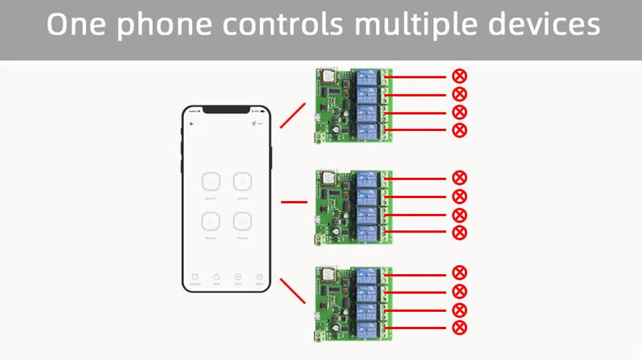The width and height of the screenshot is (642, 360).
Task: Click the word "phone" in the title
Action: (162, 26)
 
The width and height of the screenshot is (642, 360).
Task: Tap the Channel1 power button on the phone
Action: (210, 182)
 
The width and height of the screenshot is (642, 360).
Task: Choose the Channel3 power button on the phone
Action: (210, 221)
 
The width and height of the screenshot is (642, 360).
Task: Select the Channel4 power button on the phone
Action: (242, 221)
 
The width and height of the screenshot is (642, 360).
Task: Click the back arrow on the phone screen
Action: (191, 124)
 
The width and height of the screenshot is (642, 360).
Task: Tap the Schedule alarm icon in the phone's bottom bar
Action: (194, 277)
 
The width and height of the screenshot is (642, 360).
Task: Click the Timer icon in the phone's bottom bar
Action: (216, 277)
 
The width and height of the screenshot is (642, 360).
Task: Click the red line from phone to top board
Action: (292, 116)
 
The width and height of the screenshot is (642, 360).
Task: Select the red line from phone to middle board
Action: (294, 202)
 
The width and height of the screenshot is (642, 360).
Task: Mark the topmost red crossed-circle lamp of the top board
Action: (459, 75)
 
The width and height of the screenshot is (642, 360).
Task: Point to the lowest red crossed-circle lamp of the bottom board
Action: (459, 328)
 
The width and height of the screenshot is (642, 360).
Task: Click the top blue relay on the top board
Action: (368, 77)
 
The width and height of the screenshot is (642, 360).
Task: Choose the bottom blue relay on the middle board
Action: (368, 233)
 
